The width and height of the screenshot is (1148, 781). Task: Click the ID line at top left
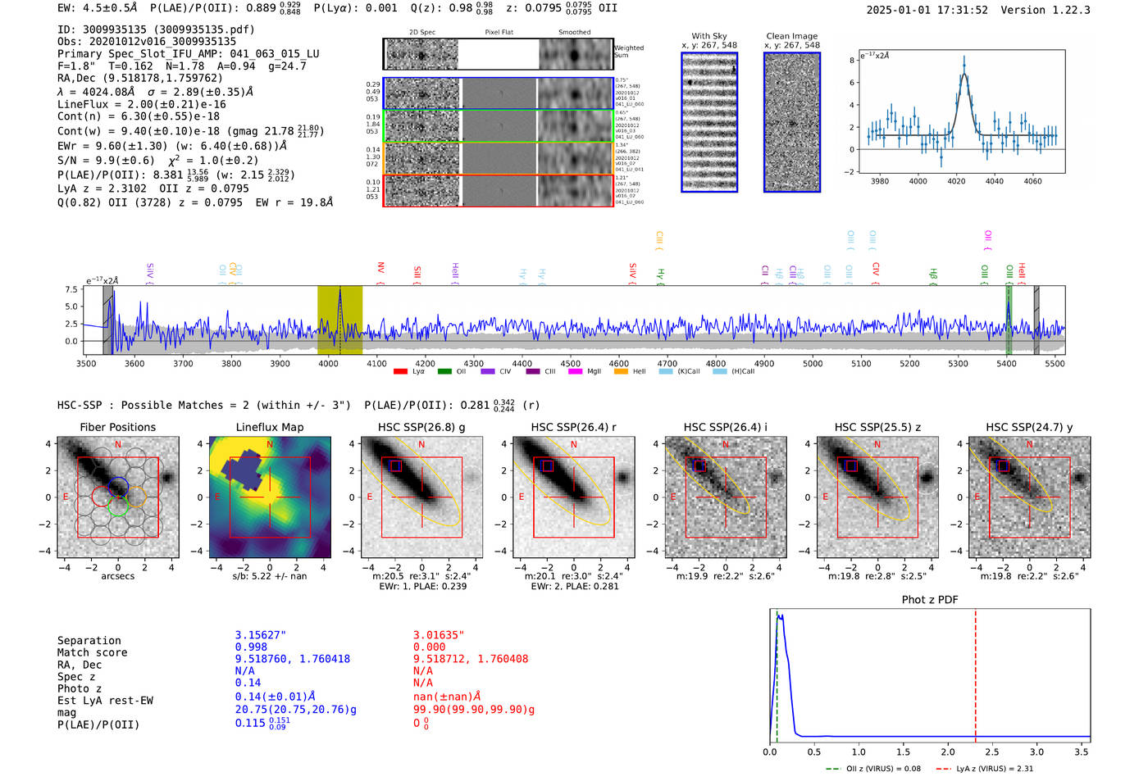[x=156, y=29]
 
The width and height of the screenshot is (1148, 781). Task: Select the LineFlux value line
[x=141, y=104]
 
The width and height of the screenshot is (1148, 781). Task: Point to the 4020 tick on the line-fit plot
[x=956, y=180]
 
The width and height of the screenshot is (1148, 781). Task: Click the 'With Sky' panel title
[x=708, y=36]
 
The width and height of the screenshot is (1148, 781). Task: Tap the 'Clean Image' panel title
[x=791, y=36]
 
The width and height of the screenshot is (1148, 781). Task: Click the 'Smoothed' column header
[x=574, y=33]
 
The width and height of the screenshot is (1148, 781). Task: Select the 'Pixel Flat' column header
[x=499, y=33]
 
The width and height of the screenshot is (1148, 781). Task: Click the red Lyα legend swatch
[x=400, y=371]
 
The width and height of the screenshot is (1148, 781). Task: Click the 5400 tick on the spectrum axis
[x=1006, y=363]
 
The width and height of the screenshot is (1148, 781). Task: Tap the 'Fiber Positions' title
[x=117, y=427]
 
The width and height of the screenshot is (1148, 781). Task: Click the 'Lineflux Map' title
[x=269, y=427]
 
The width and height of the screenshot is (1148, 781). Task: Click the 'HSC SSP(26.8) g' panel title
[x=421, y=427]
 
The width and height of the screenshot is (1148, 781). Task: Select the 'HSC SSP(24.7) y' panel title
[x=1029, y=427]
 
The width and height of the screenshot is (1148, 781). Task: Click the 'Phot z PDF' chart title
[x=929, y=599]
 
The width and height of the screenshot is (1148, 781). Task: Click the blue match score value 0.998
[x=251, y=647]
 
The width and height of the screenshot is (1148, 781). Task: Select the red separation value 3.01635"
[x=438, y=635]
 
